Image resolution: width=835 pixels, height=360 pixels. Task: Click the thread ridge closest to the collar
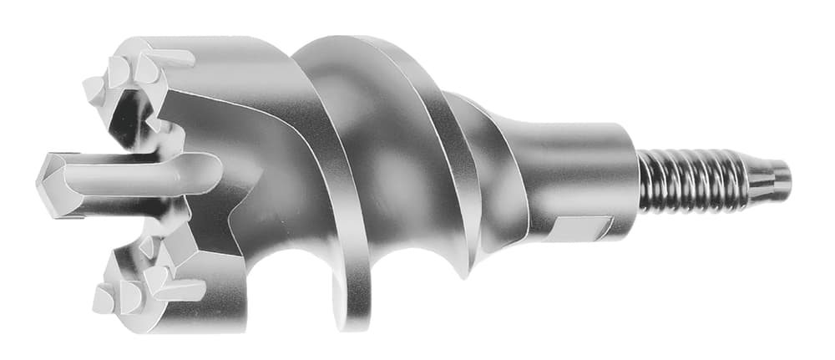(x=646, y=180)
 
